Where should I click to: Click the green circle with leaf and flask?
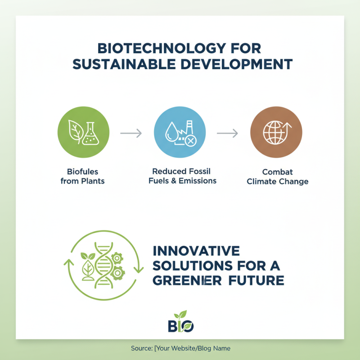pos(83,133)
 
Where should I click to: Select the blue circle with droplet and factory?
pos(180,133)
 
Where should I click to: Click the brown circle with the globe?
pos(276,133)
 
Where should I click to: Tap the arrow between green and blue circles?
pos(131,133)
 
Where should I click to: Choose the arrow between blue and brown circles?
pos(228,133)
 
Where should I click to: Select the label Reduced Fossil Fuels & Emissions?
pos(182,176)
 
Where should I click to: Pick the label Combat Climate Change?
pos(278,177)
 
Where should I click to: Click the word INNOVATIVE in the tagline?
pos(196,251)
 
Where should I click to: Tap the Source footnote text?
pos(180,348)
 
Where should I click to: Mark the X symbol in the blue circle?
pos(191,141)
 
